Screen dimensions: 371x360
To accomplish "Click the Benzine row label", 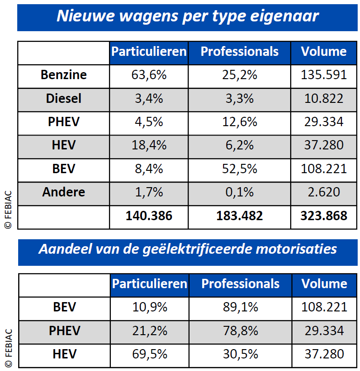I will pyautogui.click(x=63, y=74).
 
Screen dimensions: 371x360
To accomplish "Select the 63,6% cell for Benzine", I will pyautogui.click(x=149, y=74).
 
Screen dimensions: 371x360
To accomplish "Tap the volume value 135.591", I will pyautogui.click(x=324, y=74).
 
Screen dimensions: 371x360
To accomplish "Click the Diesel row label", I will pyautogui.click(x=63, y=98).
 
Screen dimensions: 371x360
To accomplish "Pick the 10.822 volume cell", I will pyautogui.click(x=324, y=98).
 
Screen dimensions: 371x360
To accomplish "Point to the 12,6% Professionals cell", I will pyautogui.click(x=239, y=122).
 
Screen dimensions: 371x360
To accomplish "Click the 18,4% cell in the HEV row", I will pyautogui.click(x=149, y=145).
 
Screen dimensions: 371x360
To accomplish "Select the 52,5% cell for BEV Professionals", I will pyautogui.click(x=239, y=169).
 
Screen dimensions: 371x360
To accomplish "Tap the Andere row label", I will pyautogui.click(x=63, y=192).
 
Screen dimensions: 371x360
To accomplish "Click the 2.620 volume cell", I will pyautogui.click(x=324, y=192).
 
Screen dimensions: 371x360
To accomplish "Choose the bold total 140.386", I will pyautogui.click(x=149, y=216).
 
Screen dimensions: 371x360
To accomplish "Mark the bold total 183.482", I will pyautogui.click(x=239, y=216).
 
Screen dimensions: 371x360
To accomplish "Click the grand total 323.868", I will pyautogui.click(x=324, y=216).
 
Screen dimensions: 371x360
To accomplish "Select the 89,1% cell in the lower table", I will pyautogui.click(x=240, y=307).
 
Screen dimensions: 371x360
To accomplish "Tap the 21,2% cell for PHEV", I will pyautogui.click(x=149, y=331).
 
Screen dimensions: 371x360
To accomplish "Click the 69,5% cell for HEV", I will pyautogui.click(x=149, y=354).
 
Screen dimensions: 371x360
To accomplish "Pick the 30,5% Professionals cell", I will pyautogui.click(x=240, y=354).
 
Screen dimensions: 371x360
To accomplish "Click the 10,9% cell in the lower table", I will pyautogui.click(x=149, y=307).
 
